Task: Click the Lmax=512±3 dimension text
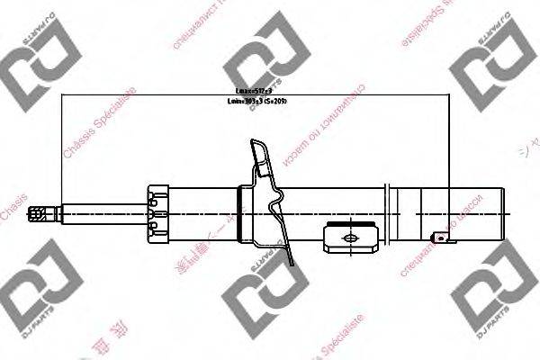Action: click(255, 91)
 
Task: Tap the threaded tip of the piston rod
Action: click(39, 214)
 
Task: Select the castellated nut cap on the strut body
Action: click(158, 214)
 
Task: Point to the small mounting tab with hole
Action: click(440, 238)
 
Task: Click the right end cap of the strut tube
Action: click(496, 214)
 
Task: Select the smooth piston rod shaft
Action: click(99, 214)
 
